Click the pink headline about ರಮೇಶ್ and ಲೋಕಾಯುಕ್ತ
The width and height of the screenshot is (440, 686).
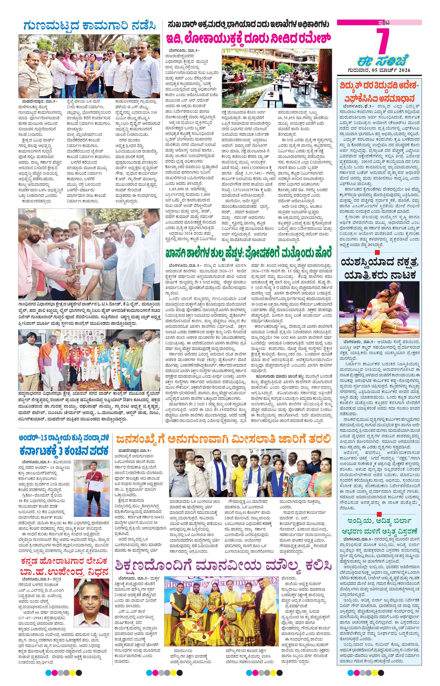click(x=249, y=39)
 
